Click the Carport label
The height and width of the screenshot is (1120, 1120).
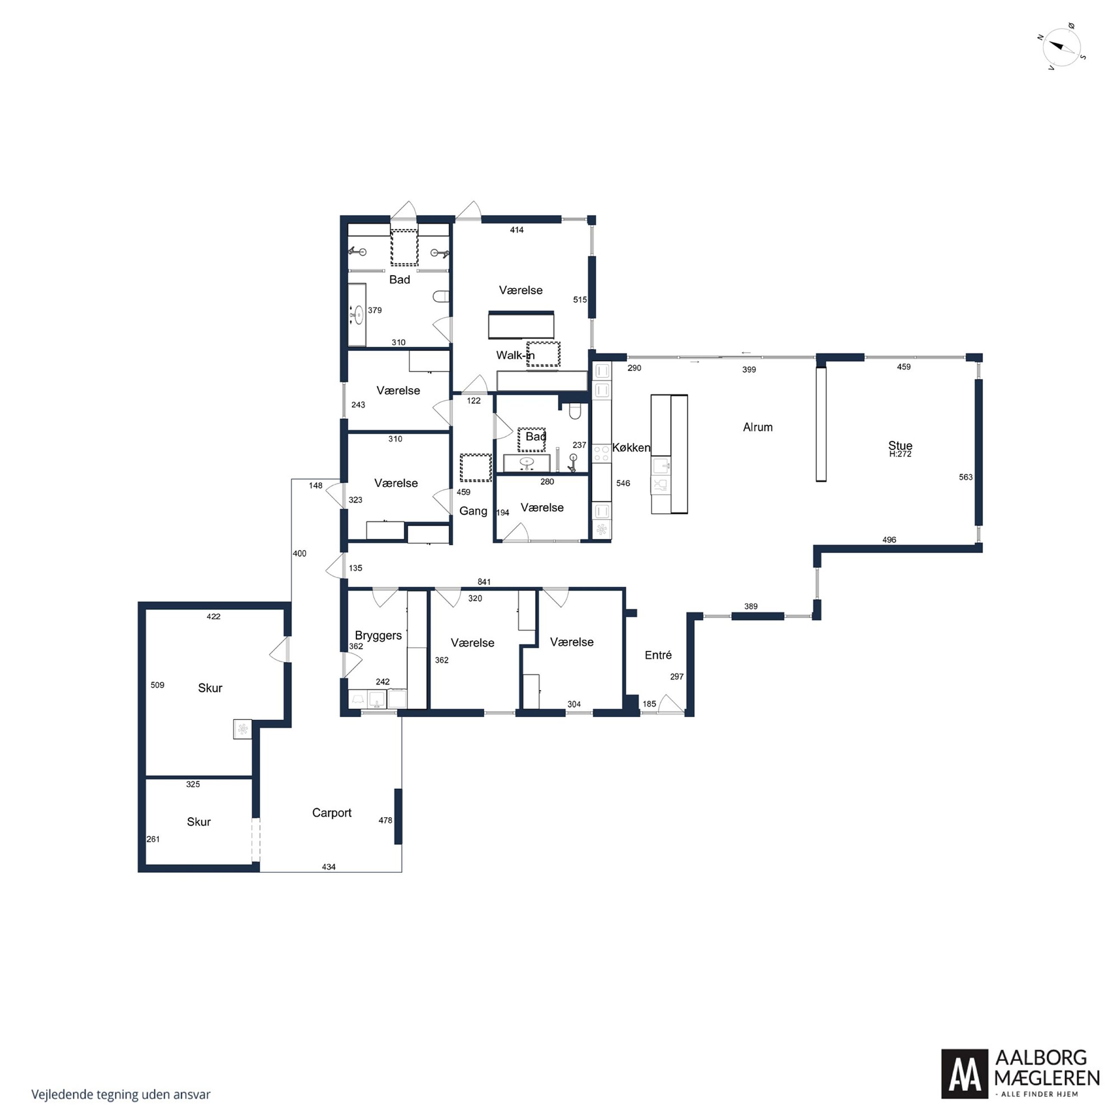332,813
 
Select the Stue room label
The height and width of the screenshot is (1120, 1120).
900,445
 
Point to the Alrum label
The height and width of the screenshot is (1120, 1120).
758,427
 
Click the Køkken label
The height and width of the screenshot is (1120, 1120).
632,448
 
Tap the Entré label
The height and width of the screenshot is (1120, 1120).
658,655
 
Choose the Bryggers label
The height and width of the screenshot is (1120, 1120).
378,635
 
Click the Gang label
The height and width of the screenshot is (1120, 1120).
473,511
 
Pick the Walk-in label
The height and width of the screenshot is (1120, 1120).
515,355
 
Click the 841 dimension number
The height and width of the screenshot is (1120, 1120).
484,582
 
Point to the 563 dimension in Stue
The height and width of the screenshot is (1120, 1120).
966,477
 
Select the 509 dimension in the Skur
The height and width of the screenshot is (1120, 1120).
157,685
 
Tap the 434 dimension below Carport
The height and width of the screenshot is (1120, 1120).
329,867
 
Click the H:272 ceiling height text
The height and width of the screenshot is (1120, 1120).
900,454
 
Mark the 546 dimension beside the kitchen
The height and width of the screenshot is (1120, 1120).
623,483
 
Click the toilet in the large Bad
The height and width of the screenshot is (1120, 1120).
441,297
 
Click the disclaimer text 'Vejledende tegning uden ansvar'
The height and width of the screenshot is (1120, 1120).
121,1095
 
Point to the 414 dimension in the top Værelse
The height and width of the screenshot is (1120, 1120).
516,230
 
